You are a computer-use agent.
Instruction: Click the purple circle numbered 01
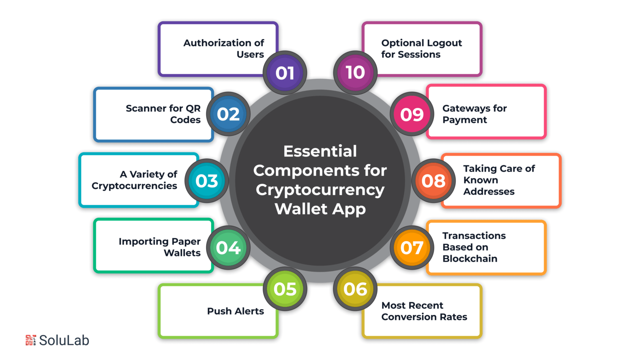click(x=285, y=73)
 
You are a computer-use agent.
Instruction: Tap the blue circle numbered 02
click(x=228, y=114)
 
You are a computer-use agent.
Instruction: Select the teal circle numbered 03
click(x=207, y=181)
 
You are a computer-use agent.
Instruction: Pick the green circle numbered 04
click(x=228, y=247)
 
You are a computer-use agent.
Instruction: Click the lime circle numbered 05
click(x=285, y=289)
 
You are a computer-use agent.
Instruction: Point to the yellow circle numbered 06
click(x=355, y=289)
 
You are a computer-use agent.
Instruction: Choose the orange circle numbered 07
click(x=412, y=247)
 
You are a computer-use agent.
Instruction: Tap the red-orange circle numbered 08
click(x=433, y=181)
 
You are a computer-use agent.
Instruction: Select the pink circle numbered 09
click(x=412, y=114)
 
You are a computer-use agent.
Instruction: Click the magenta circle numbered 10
click(x=355, y=73)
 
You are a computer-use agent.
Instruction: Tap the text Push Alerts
click(x=235, y=311)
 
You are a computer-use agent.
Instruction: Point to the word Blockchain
click(x=470, y=259)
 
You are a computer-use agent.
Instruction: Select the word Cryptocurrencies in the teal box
click(x=134, y=186)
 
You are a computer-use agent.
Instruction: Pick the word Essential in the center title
click(x=320, y=151)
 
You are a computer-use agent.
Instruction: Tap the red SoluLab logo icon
click(x=31, y=340)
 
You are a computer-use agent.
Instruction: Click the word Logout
click(x=445, y=43)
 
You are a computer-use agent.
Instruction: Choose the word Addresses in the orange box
click(x=489, y=191)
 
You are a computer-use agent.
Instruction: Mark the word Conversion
click(x=409, y=317)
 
